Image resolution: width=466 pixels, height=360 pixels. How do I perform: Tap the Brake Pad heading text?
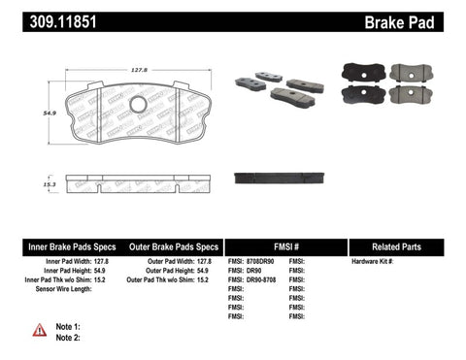click(418, 20)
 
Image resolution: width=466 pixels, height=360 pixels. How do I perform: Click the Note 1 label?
click(69, 326)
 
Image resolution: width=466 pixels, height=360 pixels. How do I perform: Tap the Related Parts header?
click(405, 246)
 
